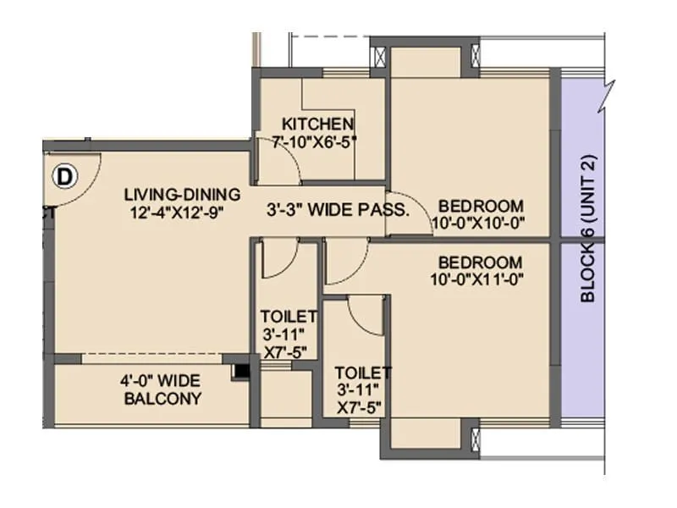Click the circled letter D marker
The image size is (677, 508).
click(64, 176)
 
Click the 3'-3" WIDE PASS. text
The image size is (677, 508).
click(338, 209)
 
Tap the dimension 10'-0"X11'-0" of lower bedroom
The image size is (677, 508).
click(480, 279)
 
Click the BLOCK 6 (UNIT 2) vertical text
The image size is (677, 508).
click(589, 228)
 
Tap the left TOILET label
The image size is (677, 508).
click(288, 316)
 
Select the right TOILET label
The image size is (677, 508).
click(362, 372)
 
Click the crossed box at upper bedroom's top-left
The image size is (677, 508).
click(380, 58)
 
